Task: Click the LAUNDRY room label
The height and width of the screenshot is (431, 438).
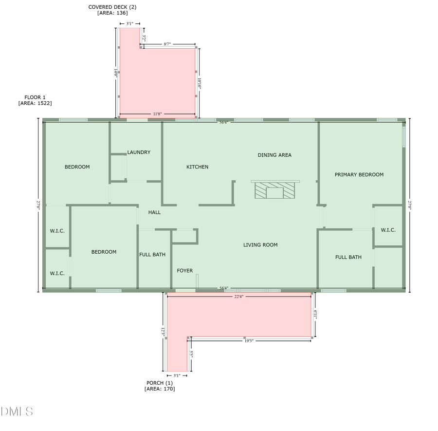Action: pos(139,152)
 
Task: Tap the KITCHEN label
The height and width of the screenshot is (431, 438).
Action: pos(197,167)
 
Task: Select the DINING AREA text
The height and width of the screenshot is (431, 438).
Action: pos(274,155)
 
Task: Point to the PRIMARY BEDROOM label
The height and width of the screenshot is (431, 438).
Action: pos(359,174)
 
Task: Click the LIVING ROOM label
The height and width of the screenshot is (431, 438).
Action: pos(260,245)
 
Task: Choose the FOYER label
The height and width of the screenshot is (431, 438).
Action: pos(184,271)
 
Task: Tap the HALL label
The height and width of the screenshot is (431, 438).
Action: pos(154,212)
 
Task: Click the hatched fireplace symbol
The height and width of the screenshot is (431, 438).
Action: pos(275,190)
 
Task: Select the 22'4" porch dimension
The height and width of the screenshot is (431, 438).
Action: pos(238,297)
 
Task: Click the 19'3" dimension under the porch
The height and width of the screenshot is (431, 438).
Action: pos(249,341)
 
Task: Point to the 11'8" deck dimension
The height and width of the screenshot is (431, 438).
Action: pos(157,114)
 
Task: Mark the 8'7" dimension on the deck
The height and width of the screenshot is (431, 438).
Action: pos(167,44)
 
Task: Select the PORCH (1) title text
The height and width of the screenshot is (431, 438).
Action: pos(160,383)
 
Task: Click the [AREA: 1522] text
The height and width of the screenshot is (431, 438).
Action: pos(35,103)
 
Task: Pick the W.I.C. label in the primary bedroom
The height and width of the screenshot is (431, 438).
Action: pos(388,230)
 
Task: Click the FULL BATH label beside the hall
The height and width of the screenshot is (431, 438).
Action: pos(152,255)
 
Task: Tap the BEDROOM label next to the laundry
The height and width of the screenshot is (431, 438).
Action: pos(77,167)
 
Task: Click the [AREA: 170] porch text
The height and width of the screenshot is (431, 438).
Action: pos(160,389)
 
